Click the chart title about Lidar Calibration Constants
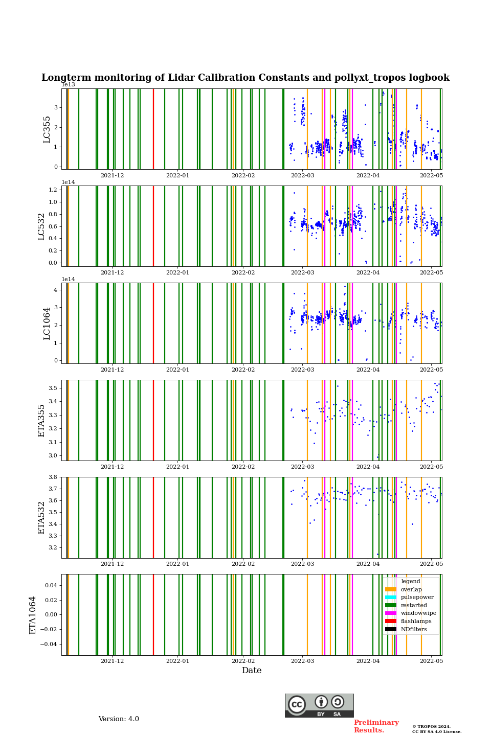[x=245, y=78]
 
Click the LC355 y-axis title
[x=47, y=129]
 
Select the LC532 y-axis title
[x=41, y=226]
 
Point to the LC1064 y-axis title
[x=47, y=324]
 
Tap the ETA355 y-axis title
[x=41, y=421]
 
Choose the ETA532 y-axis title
[x=41, y=518]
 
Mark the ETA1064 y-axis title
[x=33, y=615]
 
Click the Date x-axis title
[x=252, y=671]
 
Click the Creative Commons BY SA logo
[x=319, y=705]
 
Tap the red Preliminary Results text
[x=376, y=726]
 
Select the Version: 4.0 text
[x=119, y=719]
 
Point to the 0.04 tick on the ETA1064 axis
[x=51, y=585]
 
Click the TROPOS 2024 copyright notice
[x=437, y=729]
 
